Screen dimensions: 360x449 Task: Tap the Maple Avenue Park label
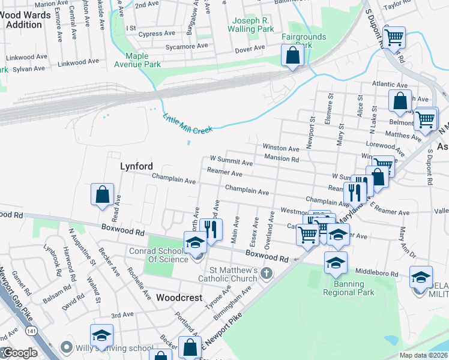(137, 60)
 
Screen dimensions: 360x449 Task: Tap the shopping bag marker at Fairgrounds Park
(292, 56)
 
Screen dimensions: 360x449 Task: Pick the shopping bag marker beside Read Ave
(102, 194)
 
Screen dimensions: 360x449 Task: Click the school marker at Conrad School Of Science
(195, 243)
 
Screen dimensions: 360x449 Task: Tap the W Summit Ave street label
(231, 161)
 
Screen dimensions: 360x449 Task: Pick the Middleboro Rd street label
(377, 273)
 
